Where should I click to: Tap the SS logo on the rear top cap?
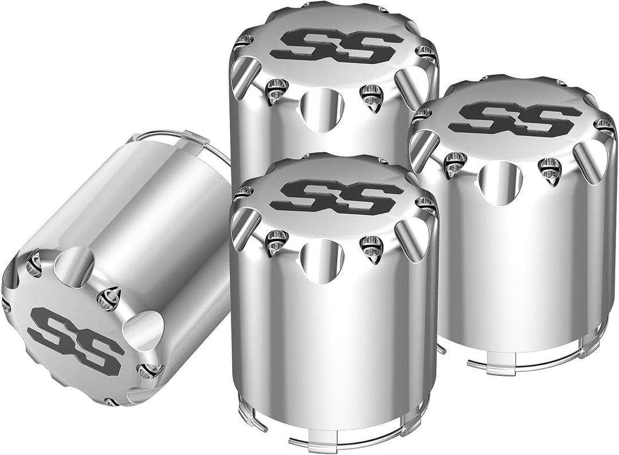[x=336, y=46]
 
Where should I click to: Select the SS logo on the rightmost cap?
[x=514, y=119]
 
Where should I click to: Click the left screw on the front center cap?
[x=276, y=242]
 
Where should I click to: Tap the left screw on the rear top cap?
[x=276, y=90]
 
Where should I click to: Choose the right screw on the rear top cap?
[x=371, y=96]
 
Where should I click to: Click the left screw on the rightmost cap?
[x=455, y=164]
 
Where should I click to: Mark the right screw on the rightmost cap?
[x=550, y=170]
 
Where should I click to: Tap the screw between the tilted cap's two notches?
[x=109, y=297]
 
